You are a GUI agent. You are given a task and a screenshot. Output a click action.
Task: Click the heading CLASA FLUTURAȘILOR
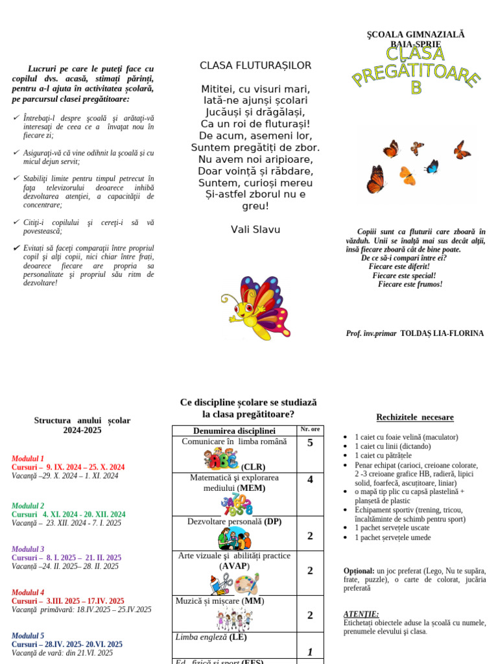[x=255, y=65]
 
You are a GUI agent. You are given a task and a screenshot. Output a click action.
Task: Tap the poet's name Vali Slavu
[x=255, y=230]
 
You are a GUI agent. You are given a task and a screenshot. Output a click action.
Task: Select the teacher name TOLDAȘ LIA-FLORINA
[x=442, y=333]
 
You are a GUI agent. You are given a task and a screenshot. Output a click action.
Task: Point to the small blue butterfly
[x=431, y=167]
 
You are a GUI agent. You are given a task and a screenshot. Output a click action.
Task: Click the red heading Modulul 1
[x=28, y=458]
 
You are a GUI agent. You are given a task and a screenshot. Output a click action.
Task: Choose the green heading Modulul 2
[x=28, y=506]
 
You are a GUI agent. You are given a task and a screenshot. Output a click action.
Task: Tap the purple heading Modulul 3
[x=28, y=549]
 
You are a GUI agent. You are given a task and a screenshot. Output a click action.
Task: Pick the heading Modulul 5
[x=28, y=636]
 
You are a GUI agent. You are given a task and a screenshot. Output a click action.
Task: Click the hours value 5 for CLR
[x=310, y=444]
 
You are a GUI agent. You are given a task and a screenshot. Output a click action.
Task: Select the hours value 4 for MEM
[x=310, y=480]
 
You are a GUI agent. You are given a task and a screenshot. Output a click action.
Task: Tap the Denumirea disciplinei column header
[x=234, y=431]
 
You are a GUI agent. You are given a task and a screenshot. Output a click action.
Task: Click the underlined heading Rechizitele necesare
[x=415, y=418]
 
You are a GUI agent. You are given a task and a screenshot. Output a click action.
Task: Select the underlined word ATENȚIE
[x=361, y=614]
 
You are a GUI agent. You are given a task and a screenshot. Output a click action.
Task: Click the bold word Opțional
[x=359, y=571]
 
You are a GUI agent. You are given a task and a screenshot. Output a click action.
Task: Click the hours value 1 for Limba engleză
[x=310, y=652]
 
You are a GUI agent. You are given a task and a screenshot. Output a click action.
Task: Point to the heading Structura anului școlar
[x=82, y=421]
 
